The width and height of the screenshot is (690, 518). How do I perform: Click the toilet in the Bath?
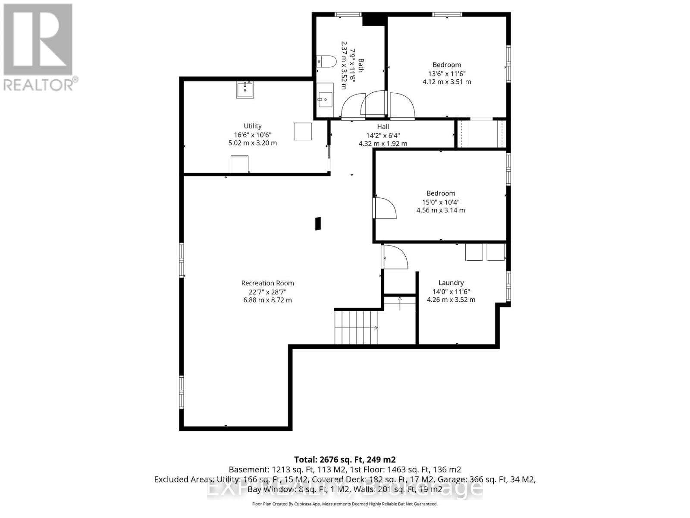[x=326, y=61]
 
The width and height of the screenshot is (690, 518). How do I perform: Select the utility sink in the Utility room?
[x=245, y=90]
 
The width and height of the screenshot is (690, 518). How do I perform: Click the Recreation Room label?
[x=267, y=283]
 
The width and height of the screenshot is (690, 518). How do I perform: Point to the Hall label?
[x=383, y=126]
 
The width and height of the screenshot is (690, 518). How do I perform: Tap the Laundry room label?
[x=451, y=283]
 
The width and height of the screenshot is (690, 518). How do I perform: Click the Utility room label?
[x=253, y=126]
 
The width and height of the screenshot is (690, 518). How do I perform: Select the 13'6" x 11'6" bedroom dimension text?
[x=447, y=73]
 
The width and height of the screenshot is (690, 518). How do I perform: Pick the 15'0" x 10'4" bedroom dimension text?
[x=441, y=202]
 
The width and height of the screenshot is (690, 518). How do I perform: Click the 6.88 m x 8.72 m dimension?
[x=267, y=300]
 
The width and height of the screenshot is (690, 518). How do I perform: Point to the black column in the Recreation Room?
[x=318, y=223]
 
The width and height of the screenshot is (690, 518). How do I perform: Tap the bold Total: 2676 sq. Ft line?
[x=345, y=460]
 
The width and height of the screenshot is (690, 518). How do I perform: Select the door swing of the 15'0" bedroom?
[x=385, y=208]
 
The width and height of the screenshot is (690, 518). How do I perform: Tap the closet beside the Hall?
[x=481, y=134]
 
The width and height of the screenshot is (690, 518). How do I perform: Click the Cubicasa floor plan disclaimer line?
[x=345, y=504]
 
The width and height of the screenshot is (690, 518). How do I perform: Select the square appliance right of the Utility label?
[x=303, y=131]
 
